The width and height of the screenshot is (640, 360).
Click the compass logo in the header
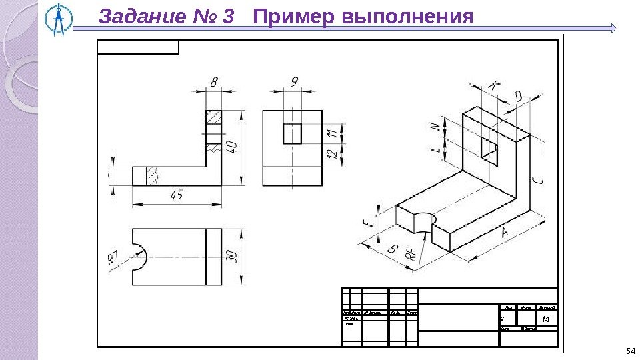coord(61,19)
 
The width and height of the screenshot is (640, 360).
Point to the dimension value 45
coord(177,195)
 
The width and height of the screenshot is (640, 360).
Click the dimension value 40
coord(232,146)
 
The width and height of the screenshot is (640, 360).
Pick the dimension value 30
coord(232,257)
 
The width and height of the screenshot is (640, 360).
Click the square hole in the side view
coord(293,133)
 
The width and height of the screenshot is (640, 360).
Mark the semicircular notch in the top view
coord(139,257)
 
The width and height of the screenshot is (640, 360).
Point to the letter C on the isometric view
coord(537,181)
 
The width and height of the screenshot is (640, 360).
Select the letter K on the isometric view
coord(493,85)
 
